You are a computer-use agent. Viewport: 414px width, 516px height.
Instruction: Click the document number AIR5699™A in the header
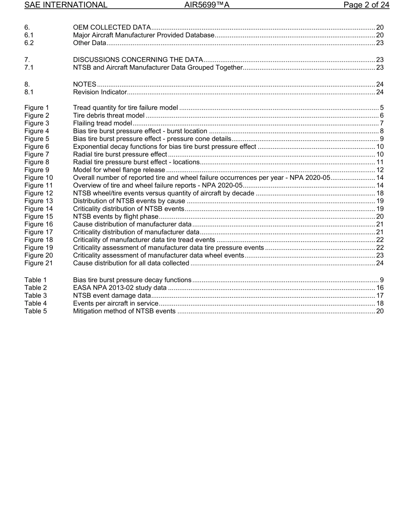point(207,5)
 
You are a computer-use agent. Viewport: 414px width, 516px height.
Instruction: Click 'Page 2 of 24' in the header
point(366,5)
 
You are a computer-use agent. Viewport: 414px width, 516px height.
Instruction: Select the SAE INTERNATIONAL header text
point(66,5)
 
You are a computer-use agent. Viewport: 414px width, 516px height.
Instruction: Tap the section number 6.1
point(29,35)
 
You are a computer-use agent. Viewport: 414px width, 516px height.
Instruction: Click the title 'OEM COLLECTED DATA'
point(112,27)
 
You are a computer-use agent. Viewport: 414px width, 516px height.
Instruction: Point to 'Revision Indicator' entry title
point(100,92)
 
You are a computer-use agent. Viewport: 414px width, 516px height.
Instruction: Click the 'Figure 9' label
point(37,170)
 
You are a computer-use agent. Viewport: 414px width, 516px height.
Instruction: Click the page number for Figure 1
point(381,108)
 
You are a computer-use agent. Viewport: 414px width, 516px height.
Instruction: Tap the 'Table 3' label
point(35,296)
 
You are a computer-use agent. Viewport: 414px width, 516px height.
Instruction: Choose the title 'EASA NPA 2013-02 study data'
point(120,288)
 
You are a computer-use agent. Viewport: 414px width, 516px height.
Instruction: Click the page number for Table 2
point(380,288)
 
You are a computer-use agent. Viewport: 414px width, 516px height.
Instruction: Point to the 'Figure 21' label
point(38,263)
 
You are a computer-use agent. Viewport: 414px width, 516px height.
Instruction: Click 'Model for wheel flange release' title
point(119,170)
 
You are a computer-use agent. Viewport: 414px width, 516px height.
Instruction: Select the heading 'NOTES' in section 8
point(85,84)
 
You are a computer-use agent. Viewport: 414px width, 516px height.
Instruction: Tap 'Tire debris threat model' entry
point(109,115)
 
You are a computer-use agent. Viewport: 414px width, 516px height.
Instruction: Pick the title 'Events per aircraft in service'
point(115,304)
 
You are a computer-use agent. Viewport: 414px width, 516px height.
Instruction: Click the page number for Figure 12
point(380,193)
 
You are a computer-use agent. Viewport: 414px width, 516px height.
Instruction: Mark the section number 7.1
point(29,67)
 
